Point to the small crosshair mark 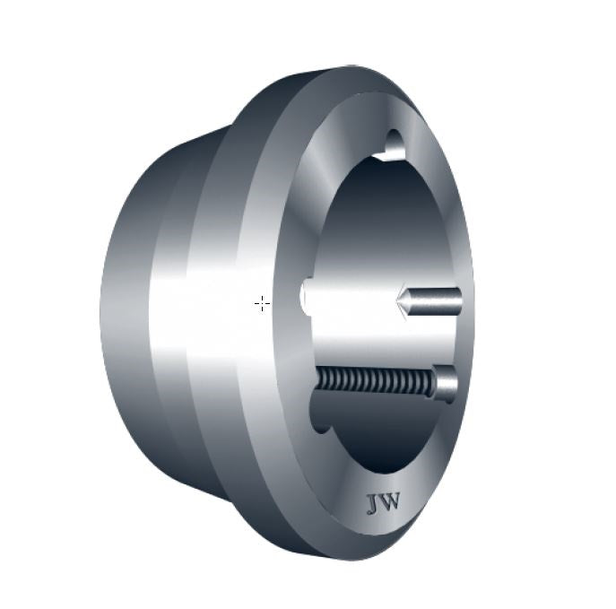(262, 304)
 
